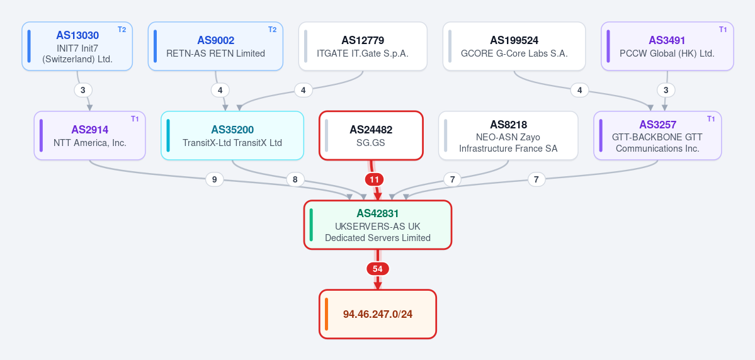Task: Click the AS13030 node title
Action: (77, 35)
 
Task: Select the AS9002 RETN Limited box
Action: (215, 46)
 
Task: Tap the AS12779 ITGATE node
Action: (363, 46)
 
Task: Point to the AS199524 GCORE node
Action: (514, 46)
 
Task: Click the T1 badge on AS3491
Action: (723, 30)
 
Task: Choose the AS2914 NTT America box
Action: (89, 136)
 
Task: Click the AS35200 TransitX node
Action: (232, 136)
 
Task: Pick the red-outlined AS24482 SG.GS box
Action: (371, 136)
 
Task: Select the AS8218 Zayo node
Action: (508, 136)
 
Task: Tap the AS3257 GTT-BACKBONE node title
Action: (657, 125)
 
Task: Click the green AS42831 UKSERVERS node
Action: (378, 225)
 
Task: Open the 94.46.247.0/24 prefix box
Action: (378, 314)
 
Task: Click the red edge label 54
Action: (378, 269)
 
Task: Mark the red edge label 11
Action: (375, 180)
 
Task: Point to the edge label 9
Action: (214, 180)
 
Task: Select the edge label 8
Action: (295, 180)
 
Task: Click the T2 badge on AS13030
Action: (122, 30)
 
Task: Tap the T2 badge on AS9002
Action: (273, 30)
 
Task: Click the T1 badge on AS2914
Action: (135, 119)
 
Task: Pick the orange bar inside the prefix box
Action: (326, 314)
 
